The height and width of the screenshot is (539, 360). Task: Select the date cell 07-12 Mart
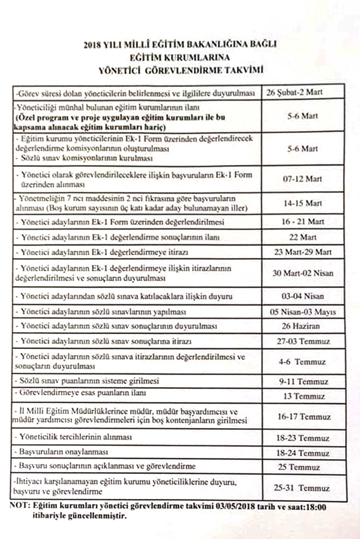click(x=302, y=179)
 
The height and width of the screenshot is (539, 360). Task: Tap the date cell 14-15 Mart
click(x=302, y=203)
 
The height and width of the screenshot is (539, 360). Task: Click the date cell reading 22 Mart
click(x=302, y=236)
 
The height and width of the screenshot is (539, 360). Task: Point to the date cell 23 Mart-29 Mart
click(x=302, y=251)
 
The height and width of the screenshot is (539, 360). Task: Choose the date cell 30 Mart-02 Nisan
click(x=302, y=273)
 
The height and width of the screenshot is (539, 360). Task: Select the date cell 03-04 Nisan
click(x=302, y=297)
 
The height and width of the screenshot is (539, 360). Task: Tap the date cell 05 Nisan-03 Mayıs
click(x=302, y=312)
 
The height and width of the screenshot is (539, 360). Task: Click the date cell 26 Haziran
click(x=302, y=327)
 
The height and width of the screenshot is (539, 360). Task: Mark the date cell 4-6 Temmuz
click(x=302, y=361)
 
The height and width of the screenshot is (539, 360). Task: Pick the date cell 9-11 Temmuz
click(x=302, y=381)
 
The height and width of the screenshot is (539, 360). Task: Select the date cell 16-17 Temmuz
click(x=302, y=417)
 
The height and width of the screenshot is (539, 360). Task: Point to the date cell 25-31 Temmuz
click(x=302, y=488)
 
